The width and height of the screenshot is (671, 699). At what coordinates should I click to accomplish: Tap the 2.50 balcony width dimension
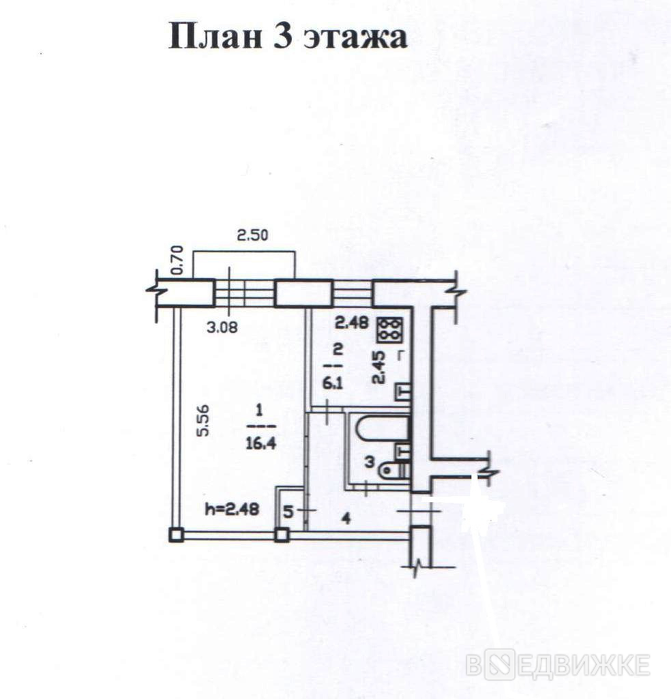[252, 235]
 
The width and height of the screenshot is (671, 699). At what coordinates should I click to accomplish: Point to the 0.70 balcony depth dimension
[177, 261]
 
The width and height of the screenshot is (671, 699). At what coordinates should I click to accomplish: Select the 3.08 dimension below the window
[222, 327]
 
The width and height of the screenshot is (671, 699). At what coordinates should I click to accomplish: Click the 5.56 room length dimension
[203, 420]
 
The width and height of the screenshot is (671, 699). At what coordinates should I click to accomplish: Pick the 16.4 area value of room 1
[260, 443]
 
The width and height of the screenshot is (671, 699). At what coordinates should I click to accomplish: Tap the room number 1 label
[260, 409]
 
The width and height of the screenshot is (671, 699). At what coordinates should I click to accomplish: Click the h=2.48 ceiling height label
[232, 509]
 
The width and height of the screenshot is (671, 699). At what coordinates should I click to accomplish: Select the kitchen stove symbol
[390, 330]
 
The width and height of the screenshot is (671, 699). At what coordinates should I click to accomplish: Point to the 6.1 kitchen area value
[333, 383]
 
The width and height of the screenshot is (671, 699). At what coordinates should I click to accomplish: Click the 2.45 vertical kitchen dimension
[379, 366]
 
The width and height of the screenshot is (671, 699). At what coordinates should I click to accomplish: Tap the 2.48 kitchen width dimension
[353, 322]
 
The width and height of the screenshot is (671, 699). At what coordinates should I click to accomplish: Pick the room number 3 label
[370, 462]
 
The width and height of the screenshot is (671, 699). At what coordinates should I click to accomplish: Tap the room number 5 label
[288, 512]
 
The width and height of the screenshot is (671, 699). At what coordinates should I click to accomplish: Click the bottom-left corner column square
[177, 534]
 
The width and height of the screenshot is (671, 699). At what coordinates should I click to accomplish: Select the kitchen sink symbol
[402, 392]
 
